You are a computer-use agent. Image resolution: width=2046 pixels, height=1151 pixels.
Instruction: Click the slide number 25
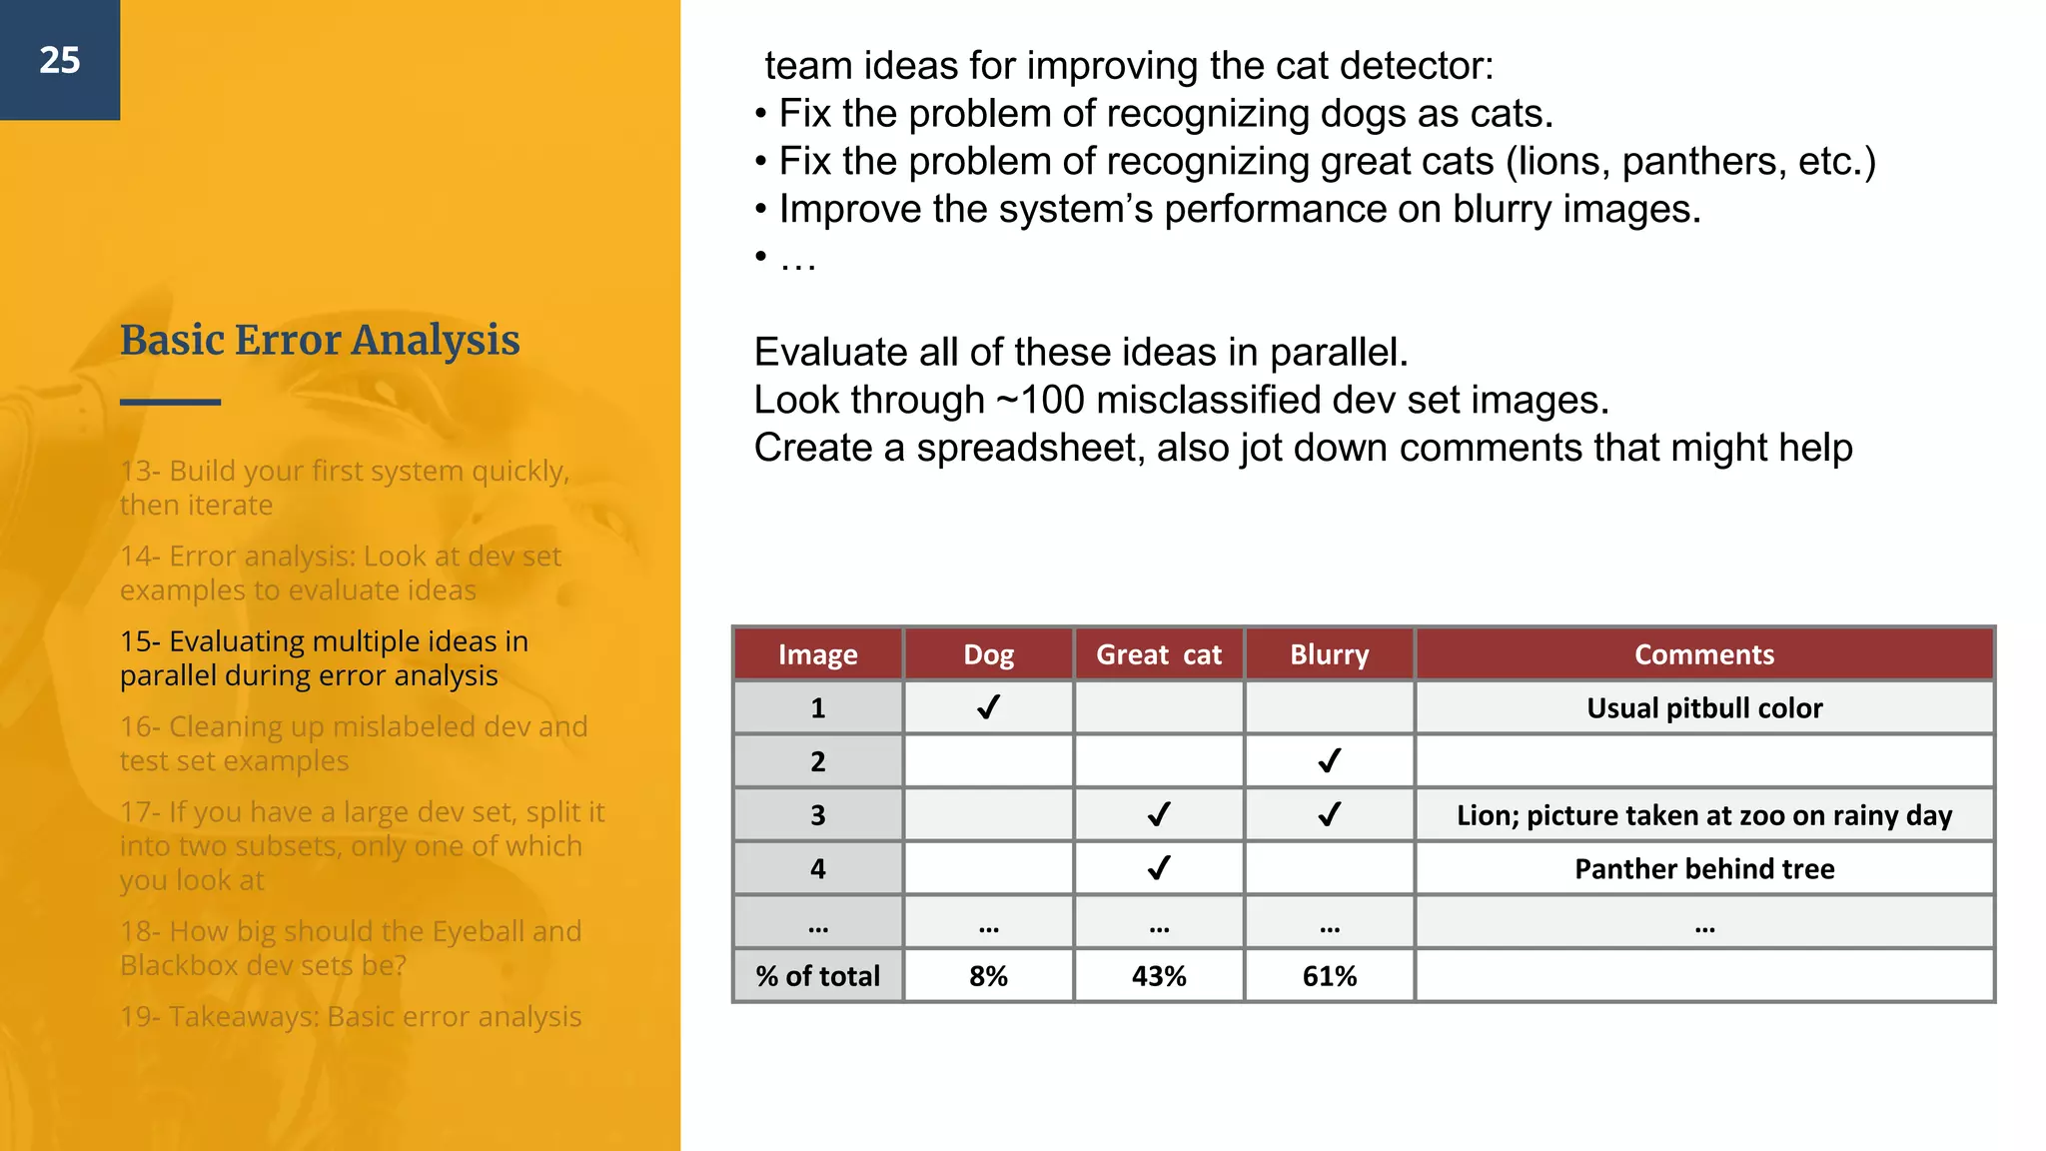[x=60, y=60]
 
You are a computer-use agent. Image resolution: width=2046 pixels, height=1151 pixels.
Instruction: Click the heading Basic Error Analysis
[x=320, y=340]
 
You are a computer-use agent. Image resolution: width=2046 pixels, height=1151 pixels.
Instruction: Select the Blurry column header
[x=1329, y=654]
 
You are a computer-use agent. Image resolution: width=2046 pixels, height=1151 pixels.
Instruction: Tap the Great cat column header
[x=1159, y=654]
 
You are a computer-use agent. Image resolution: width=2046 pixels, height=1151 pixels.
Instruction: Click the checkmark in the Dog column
[x=988, y=707]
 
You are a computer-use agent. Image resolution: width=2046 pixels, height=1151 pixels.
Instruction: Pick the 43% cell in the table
[x=1159, y=975]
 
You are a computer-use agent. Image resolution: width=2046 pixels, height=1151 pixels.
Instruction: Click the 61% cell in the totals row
[x=1329, y=975]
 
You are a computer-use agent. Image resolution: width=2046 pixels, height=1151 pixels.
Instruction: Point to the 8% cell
[x=988, y=975]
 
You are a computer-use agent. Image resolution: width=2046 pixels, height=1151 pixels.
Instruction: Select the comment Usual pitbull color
[x=1704, y=707]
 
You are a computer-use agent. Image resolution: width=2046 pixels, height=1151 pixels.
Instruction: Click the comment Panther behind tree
[x=1704, y=868]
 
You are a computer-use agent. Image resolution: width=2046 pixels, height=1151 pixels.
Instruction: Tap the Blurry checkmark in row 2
[x=1329, y=761]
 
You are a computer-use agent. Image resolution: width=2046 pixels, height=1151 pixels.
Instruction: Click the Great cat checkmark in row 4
[x=1159, y=868]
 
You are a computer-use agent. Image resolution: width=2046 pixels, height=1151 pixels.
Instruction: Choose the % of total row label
[x=817, y=975]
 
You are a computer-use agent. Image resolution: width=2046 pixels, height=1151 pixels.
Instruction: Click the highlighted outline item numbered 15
[x=324, y=657]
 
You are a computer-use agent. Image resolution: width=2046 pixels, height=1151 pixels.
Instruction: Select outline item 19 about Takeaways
[x=350, y=1016]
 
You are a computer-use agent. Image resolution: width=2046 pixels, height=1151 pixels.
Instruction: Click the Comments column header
[x=1704, y=654]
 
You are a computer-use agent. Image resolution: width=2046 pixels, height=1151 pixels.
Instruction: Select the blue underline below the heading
[x=170, y=402]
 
